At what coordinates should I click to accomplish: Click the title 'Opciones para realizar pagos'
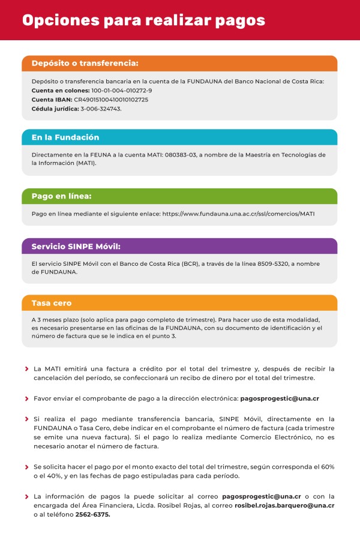pos(143,20)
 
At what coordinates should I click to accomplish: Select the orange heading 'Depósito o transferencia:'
pos(85,63)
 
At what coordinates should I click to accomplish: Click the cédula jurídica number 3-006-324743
pos(101,109)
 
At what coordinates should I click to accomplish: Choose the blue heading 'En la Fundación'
pos(65,137)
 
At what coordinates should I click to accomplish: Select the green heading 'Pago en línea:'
pos(61,196)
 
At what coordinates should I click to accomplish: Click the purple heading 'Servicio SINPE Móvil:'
pos(76,246)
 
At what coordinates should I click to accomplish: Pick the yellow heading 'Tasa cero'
pos(52,303)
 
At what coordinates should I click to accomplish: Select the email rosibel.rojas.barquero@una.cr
pos(284,506)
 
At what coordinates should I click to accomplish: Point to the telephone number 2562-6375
pos(92,515)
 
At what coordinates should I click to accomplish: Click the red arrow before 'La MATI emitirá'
pos(26,368)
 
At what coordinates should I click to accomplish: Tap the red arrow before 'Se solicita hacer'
pos(26,467)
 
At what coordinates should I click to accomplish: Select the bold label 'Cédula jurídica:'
pos(55,109)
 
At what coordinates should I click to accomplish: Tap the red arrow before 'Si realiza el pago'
pos(26,419)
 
